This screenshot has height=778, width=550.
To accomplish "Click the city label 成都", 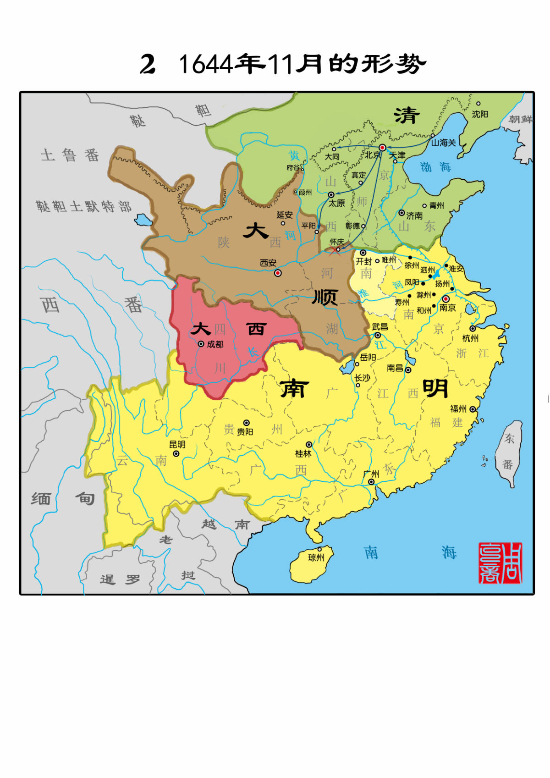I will tap(215, 344).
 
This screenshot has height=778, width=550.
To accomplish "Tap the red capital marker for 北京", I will tap(382, 147).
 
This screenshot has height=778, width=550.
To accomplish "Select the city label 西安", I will tap(268, 263).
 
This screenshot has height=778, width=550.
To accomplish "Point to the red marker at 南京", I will tap(445, 299).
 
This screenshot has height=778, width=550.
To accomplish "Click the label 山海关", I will tap(443, 143).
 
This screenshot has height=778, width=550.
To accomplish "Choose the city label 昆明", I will tap(177, 444).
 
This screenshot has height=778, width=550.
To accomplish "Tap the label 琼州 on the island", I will tap(316, 557).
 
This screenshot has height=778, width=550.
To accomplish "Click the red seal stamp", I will tap(500, 563).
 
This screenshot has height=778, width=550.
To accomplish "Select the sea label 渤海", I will tap(435, 167).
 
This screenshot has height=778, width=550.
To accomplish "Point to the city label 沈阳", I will tap(480, 114).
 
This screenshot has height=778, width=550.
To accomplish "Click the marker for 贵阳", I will tap(247, 423).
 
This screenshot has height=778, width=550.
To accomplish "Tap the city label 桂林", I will tap(303, 453).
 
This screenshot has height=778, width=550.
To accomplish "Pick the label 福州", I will tap(458, 409).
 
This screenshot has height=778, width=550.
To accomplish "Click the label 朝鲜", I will tap(521, 119).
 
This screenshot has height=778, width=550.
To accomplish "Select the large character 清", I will tap(407, 116).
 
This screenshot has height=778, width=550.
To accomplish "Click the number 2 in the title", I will tap(148, 64).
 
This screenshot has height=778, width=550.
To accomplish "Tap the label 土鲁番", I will tap(70, 155).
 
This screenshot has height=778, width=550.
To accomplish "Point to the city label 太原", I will tap(336, 203).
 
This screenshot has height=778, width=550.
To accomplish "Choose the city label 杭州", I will tap(470, 338).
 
